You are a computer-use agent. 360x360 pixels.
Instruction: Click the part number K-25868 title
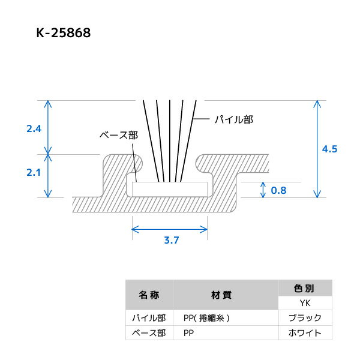coord(63,34)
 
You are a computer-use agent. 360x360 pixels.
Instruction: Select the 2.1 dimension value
coord(35,173)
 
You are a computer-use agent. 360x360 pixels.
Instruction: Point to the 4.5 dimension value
coord(330,149)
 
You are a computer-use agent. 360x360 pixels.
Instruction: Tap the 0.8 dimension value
coord(279,190)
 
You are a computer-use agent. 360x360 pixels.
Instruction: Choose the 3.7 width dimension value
coord(172,240)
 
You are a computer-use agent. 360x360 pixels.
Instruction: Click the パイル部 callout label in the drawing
coord(234,119)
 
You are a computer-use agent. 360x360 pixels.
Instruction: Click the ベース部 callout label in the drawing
coord(118,135)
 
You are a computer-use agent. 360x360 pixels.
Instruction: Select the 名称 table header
coord(148,295)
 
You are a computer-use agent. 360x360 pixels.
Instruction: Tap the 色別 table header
coord(304,288)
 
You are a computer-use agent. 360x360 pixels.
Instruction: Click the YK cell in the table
coord(304,303)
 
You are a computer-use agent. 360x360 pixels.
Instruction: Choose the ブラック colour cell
coord(304,318)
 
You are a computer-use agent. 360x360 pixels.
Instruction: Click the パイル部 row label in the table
coord(148,318)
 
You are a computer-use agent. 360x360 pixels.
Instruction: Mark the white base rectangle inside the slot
coord(170,188)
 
